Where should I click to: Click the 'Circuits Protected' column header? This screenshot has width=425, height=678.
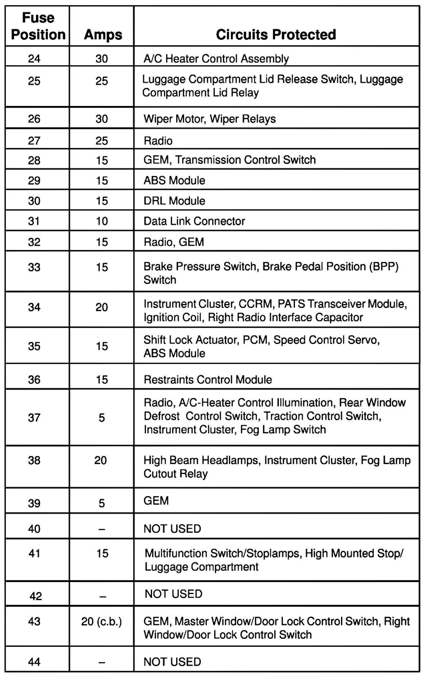276,35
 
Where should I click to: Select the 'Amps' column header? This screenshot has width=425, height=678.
103,35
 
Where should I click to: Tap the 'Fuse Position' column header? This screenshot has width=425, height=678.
38,26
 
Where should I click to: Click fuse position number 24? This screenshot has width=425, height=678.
34,59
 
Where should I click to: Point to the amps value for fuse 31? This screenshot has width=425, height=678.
102,221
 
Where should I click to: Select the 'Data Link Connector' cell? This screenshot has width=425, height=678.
194,221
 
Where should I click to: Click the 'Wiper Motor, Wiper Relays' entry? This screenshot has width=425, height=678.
210,119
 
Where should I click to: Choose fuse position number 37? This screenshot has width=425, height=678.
34,418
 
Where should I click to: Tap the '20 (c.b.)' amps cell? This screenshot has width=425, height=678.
101,621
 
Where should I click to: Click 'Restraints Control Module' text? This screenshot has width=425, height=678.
208,379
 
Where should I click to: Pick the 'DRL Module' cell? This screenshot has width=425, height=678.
174,201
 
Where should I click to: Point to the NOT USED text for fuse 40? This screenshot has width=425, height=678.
172,529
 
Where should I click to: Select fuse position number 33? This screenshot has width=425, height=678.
34,267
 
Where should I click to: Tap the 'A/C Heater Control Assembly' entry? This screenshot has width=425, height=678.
216,59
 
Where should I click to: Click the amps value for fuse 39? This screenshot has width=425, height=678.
102,503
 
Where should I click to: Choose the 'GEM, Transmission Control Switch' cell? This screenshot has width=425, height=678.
230,160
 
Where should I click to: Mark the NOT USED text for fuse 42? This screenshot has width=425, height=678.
173,594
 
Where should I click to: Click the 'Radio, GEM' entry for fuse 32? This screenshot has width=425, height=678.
174,242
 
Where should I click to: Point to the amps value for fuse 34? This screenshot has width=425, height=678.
102,307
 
